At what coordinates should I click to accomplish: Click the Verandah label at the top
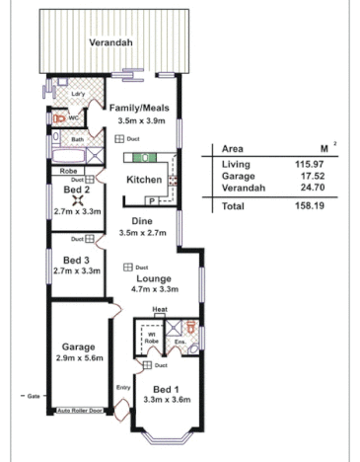tap(111, 44)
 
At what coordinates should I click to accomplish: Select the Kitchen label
tap(144, 180)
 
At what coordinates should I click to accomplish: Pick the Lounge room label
tap(155, 279)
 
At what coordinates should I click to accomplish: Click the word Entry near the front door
tap(123, 388)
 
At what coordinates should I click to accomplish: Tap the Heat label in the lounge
tap(160, 310)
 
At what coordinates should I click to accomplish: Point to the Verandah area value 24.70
tap(314, 187)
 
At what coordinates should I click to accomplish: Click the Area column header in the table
tap(234, 146)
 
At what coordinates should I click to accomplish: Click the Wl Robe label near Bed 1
tap(152, 337)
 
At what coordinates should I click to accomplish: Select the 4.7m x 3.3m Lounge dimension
tap(155, 291)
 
